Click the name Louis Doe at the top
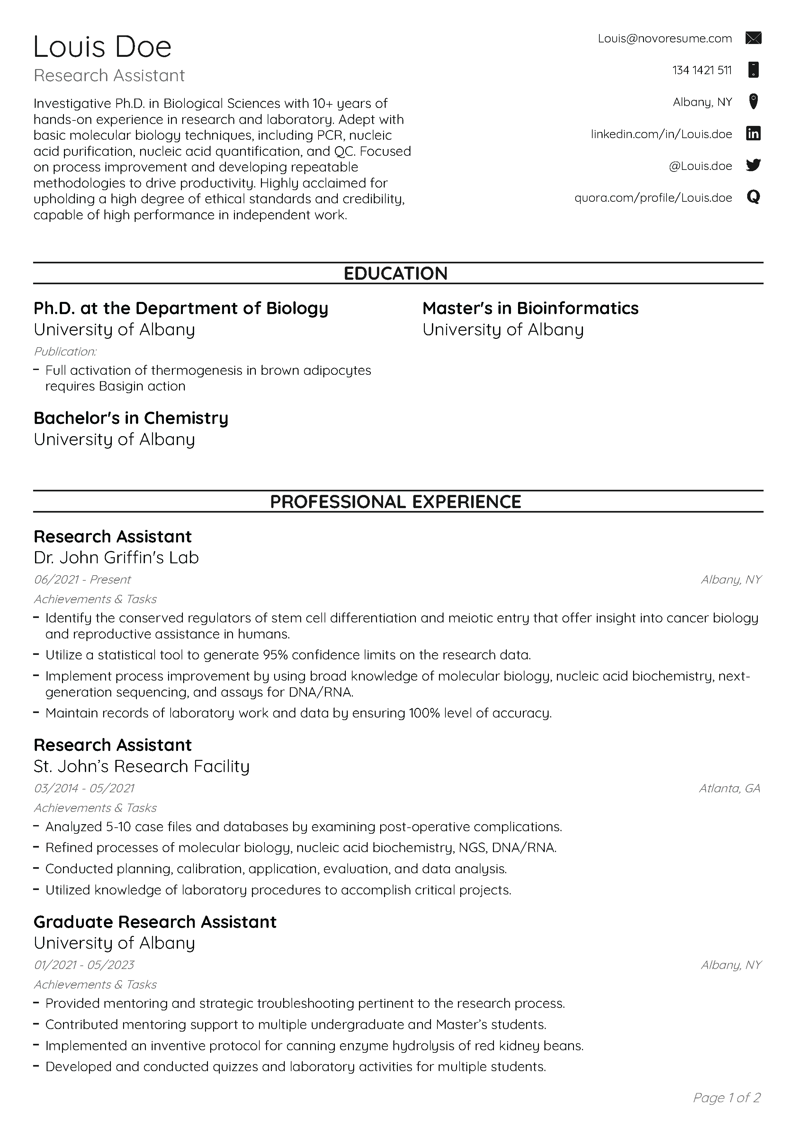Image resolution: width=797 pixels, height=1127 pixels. coord(102,47)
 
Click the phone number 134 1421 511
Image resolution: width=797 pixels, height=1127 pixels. coord(702,70)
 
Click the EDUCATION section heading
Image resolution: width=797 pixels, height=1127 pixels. coord(395,273)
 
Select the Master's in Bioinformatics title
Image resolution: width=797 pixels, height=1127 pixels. coord(530,308)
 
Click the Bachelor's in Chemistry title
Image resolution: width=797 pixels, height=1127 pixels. coord(130,418)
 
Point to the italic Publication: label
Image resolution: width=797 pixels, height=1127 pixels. coord(65,351)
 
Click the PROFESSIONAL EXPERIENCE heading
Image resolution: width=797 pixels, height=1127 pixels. coord(395,502)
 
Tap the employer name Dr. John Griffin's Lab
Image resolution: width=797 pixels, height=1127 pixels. coord(116,558)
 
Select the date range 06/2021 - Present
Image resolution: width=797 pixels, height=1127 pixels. coord(82,580)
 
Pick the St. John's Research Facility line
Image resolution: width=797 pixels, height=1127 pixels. coord(141,766)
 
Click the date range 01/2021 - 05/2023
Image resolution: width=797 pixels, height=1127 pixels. coord(84,965)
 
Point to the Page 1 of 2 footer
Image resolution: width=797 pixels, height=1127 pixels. coord(726,1097)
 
